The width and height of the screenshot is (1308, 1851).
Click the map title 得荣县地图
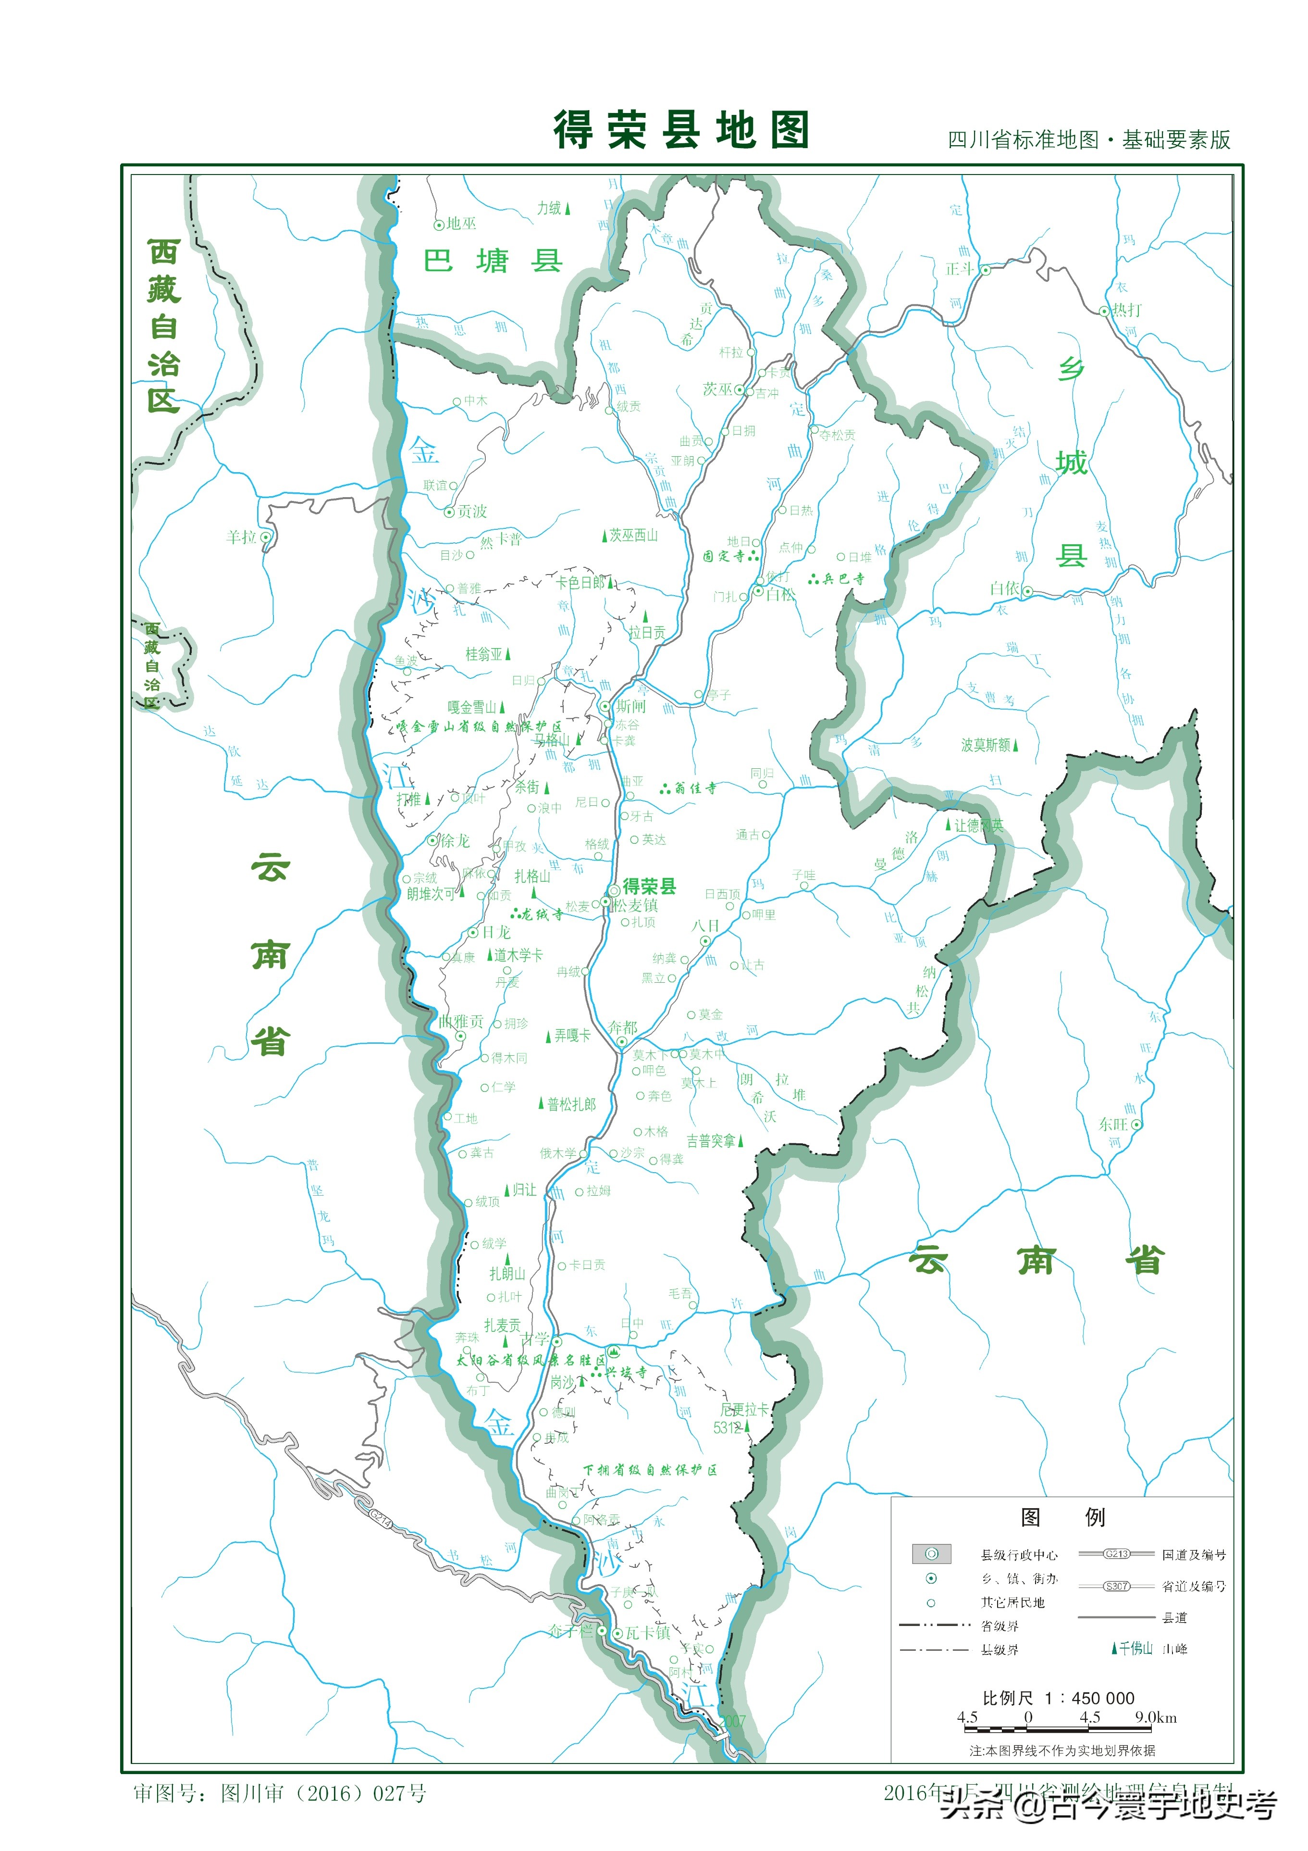(681, 131)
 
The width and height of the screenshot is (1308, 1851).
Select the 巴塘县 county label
(493, 261)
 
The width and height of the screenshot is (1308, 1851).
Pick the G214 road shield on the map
(381, 1519)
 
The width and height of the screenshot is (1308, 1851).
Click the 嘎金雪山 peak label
(472, 707)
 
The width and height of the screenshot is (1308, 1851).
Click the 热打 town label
(1127, 310)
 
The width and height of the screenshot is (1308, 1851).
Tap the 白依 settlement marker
(1027, 591)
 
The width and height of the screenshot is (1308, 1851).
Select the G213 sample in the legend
(1116, 1553)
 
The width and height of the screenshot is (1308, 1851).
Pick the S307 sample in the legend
(1116, 1586)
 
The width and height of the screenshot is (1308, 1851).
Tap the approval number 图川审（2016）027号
(322, 1793)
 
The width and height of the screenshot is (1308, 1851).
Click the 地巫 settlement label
(461, 223)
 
